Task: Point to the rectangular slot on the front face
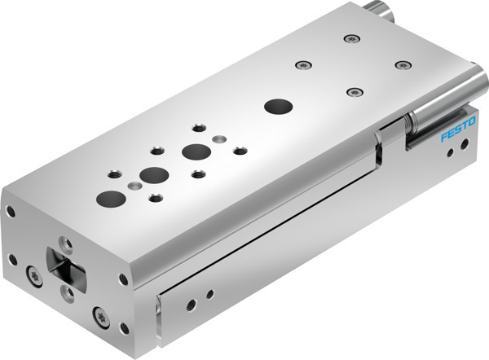(x=68, y=270)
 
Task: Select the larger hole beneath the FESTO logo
(x=464, y=145)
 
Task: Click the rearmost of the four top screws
(x=350, y=37)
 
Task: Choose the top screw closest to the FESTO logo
(x=400, y=64)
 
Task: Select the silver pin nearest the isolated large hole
(x=218, y=138)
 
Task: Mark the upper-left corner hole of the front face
(x=11, y=213)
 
